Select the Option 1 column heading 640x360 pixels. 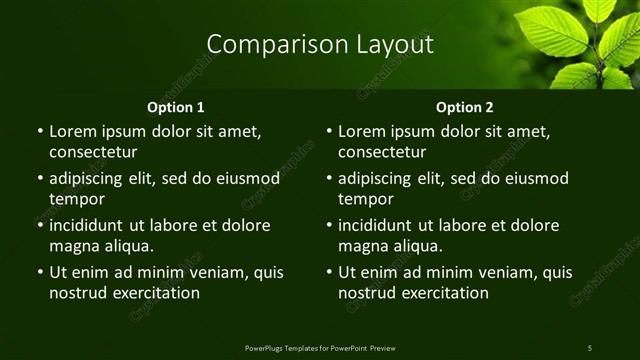pyautogui.click(x=176, y=106)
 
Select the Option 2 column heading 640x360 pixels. pyautogui.click(x=465, y=106)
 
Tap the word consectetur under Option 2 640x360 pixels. pyautogui.click(x=382, y=153)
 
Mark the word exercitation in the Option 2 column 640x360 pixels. pyautogui.click(x=445, y=293)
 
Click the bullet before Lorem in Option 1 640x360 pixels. pyautogui.click(x=38, y=132)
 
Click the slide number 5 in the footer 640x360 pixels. pyautogui.click(x=589, y=346)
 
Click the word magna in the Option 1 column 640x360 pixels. pyautogui.click(x=72, y=246)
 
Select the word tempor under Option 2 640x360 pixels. pyautogui.click(x=365, y=199)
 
